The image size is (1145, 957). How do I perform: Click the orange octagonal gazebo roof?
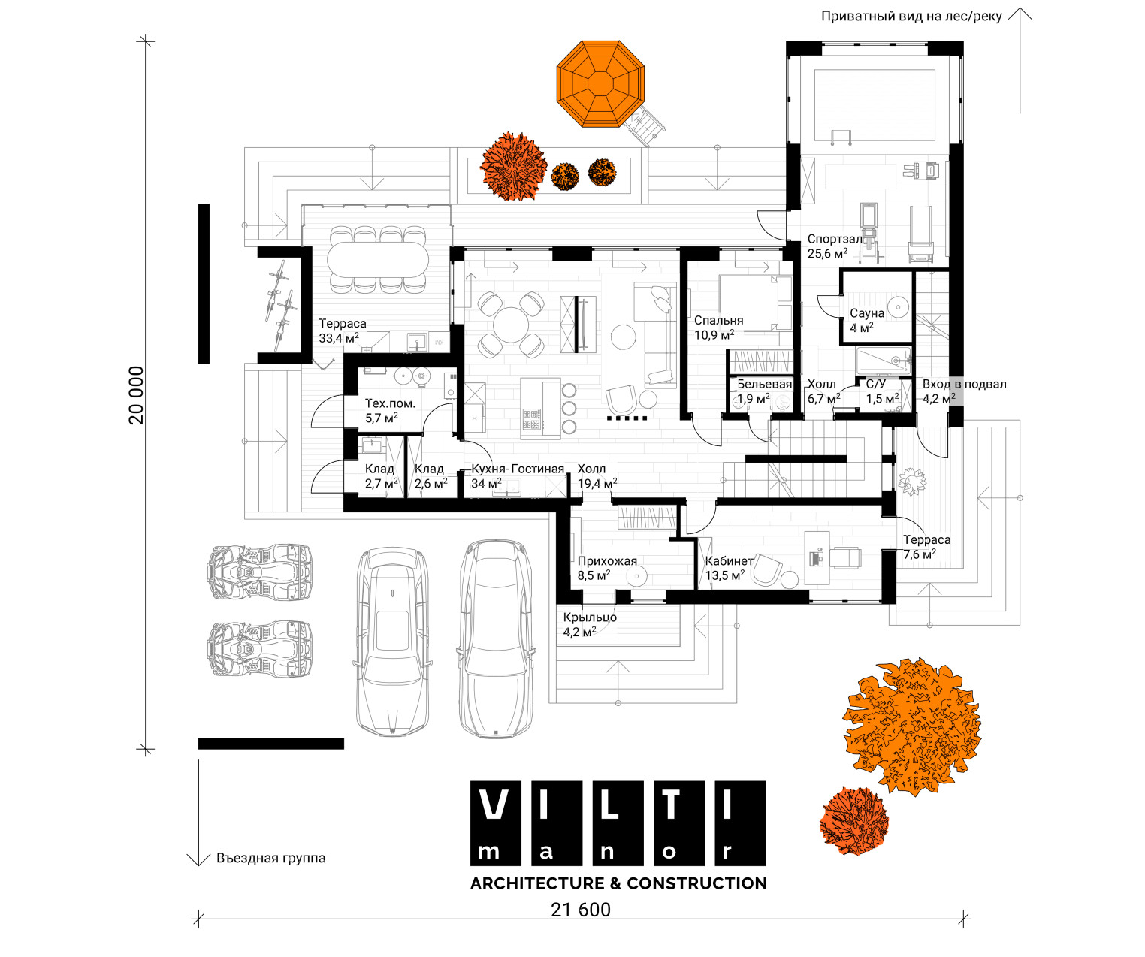(600, 83)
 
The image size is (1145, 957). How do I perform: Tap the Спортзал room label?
(835, 239)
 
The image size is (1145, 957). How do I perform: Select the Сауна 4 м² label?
(866, 320)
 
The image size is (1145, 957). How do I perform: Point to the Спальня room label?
(718, 320)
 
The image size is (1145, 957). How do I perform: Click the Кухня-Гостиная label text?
(517, 469)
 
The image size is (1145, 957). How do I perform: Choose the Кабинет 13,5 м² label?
(729, 568)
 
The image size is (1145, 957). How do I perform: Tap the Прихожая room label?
(607, 560)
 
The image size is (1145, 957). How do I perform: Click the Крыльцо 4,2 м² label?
(590, 624)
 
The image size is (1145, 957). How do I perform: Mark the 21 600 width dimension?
(580, 910)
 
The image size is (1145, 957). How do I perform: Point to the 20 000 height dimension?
(136, 395)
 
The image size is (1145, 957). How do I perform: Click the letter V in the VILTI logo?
(493, 805)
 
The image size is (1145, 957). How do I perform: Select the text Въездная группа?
(271, 858)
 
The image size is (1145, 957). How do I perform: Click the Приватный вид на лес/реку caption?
(911, 17)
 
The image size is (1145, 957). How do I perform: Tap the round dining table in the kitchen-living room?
(511, 325)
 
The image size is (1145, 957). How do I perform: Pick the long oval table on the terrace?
(378, 260)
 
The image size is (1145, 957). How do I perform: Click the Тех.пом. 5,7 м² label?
(390, 411)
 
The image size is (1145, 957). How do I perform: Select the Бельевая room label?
(764, 384)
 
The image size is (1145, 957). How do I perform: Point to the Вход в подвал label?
(964, 384)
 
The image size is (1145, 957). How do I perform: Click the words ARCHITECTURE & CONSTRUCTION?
(618, 883)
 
